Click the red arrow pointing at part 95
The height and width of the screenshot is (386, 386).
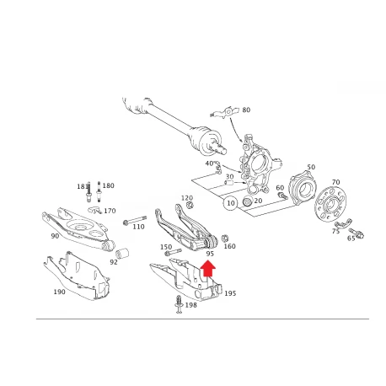point(207,268)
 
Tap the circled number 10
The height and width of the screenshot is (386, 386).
point(230,203)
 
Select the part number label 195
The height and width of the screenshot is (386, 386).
point(230,293)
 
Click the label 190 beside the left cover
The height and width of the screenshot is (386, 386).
point(59,292)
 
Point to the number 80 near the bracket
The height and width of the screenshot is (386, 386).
point(246,110)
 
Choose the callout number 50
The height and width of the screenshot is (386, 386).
point(311,167)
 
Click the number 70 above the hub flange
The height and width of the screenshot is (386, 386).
point(335,182)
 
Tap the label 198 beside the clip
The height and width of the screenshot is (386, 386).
point(191,305)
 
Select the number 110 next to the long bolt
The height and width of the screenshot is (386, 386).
point(138,227)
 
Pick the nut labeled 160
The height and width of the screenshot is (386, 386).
point(224,239)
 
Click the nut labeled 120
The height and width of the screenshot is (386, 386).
point(190,205)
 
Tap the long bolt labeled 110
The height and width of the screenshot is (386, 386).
point(135,221)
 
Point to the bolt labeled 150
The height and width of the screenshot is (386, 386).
point(173,252)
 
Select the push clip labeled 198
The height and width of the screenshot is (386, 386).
point(179,304)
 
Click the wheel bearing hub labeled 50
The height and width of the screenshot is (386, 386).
point(303,188)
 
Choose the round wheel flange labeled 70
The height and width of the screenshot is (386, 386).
point(330,204)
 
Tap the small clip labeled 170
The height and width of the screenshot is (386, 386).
point(94,210)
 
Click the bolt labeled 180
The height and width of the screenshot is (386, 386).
point(99,191)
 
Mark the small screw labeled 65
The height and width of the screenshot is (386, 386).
point(357,233)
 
